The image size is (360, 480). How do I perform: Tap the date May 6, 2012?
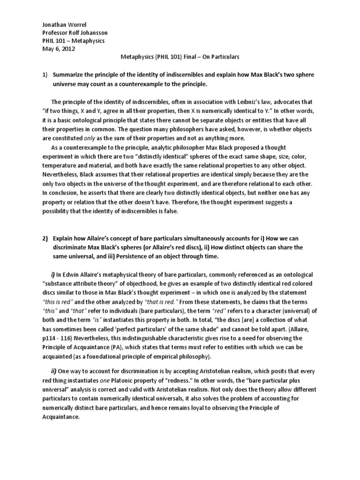pos(54,49)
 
